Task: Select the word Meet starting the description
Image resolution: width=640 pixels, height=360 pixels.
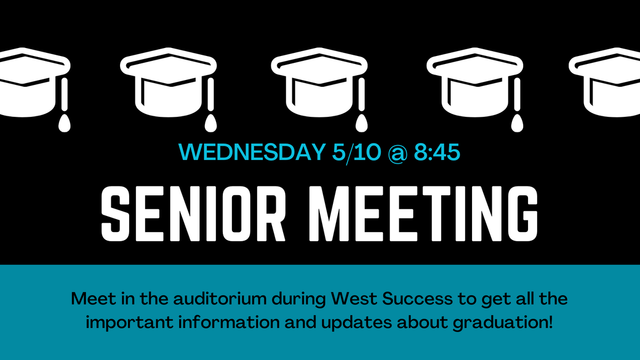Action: pos(89,298)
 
